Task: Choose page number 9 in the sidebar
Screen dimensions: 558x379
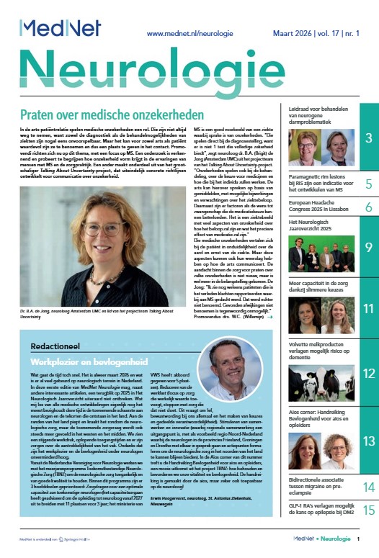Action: pyautogui.click(x=368, y=248)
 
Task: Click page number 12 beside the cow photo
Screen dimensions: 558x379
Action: pyautogui.click(x=368, y=374)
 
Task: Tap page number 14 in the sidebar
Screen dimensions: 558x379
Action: pyautogui.click(x=368, y=488)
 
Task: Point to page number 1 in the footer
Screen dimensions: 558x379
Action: pyautogui.click(x=368, y=538)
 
